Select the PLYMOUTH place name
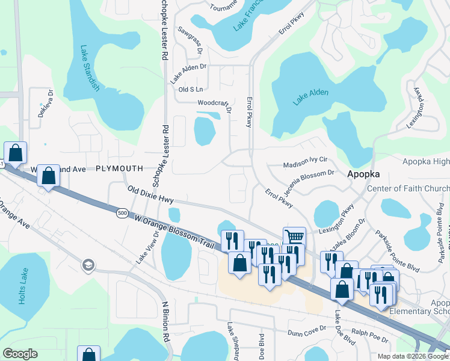119,169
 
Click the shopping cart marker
294,236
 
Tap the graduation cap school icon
88,265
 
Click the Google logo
20,354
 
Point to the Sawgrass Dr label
190,37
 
